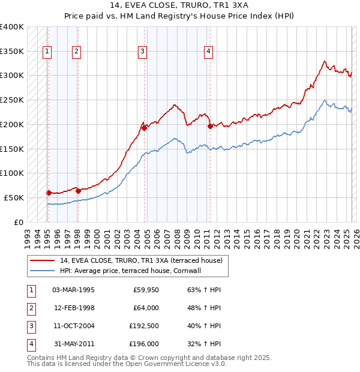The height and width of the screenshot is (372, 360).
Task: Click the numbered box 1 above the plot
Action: click(47, 52)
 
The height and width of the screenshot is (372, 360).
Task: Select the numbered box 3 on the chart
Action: click(143, 52)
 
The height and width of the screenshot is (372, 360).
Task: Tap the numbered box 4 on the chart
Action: click(208, 52)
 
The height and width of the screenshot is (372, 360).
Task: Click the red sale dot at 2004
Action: click(145, 128)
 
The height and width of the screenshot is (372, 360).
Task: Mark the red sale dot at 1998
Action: click(79, 191)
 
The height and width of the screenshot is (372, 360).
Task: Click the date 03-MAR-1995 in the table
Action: click(74, 290)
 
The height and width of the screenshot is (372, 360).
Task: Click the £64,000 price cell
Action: click(145, 308)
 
